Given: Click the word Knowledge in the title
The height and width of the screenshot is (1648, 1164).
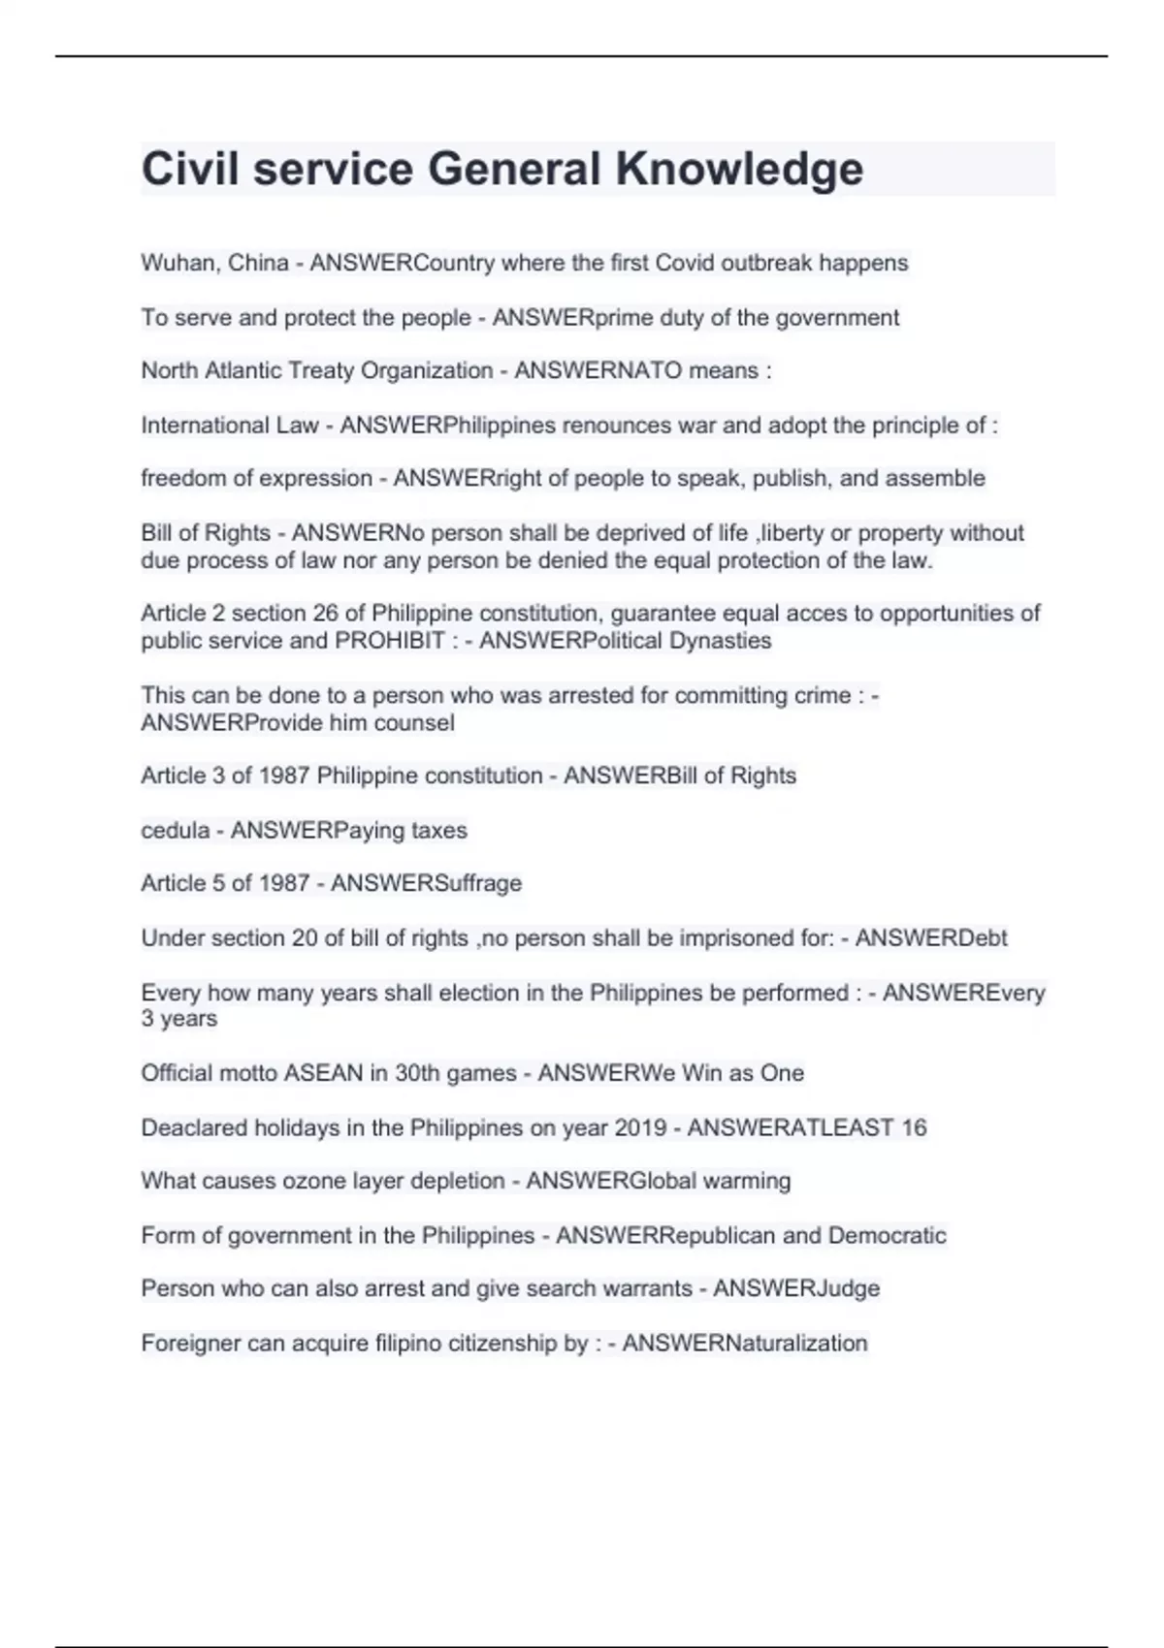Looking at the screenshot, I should pyautogui.click(x=739, y=170).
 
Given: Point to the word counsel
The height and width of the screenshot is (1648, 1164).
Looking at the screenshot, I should pyautogui.click(x=416, y=723).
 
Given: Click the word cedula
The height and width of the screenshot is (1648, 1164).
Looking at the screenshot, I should pyautogui.click(x=175, y=831).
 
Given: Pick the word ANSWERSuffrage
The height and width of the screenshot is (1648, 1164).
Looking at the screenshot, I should pyautogui.click(x=426, y=884).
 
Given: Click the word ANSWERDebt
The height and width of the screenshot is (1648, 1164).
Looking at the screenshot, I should pyautogui.click(x=931, y=938).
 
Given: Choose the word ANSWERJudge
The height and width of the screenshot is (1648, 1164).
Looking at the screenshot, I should pyautogui.click(x=796, y=1289).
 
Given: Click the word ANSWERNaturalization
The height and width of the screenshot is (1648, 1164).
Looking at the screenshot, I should pyautogui.click(x=745, y=1344).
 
